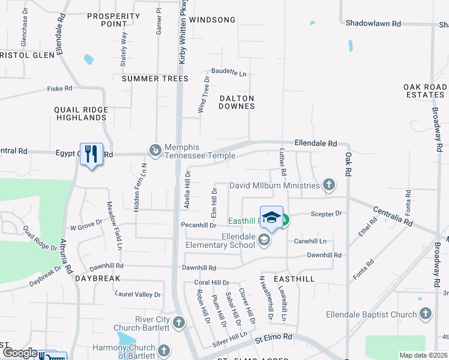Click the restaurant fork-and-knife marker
pos(91,154)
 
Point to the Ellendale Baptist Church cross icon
pos(425,314)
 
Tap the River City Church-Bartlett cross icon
pos(178,323)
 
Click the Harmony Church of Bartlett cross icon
pos(164,349)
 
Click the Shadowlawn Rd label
pos(373,23)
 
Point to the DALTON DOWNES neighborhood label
pos(237,102)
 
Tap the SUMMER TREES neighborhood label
pos(155,79)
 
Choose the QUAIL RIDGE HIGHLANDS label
pos(80,113)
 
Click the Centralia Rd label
pos(394,217)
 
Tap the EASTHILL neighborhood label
pos(294,279)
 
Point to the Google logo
pos(20,353)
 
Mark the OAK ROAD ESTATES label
pos(425,91)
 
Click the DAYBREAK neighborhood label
pos(98,279)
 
